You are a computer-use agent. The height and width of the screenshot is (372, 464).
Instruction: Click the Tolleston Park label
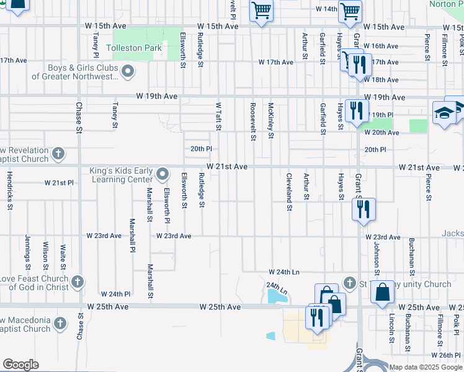(x=134, y=48)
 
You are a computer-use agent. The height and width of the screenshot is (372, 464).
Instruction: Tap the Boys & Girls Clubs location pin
(x=128, y=72)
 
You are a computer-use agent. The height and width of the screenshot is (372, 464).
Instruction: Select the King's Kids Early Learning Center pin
(x=163, y=174)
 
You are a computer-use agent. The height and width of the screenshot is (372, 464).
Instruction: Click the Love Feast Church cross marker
(x=77, y=282)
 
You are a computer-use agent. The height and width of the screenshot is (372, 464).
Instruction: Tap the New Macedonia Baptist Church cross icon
(x=60, y=324)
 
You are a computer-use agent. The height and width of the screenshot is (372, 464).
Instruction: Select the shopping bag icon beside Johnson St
(x=383, y=292)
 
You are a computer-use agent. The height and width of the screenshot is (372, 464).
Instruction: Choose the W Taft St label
(x=218, y=117)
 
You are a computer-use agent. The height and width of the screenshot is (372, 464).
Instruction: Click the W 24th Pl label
(x=115, y=294)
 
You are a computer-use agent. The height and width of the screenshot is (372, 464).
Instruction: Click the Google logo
(x=20, y=365)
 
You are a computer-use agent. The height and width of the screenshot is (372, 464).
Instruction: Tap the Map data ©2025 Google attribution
(x=425, y=367)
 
